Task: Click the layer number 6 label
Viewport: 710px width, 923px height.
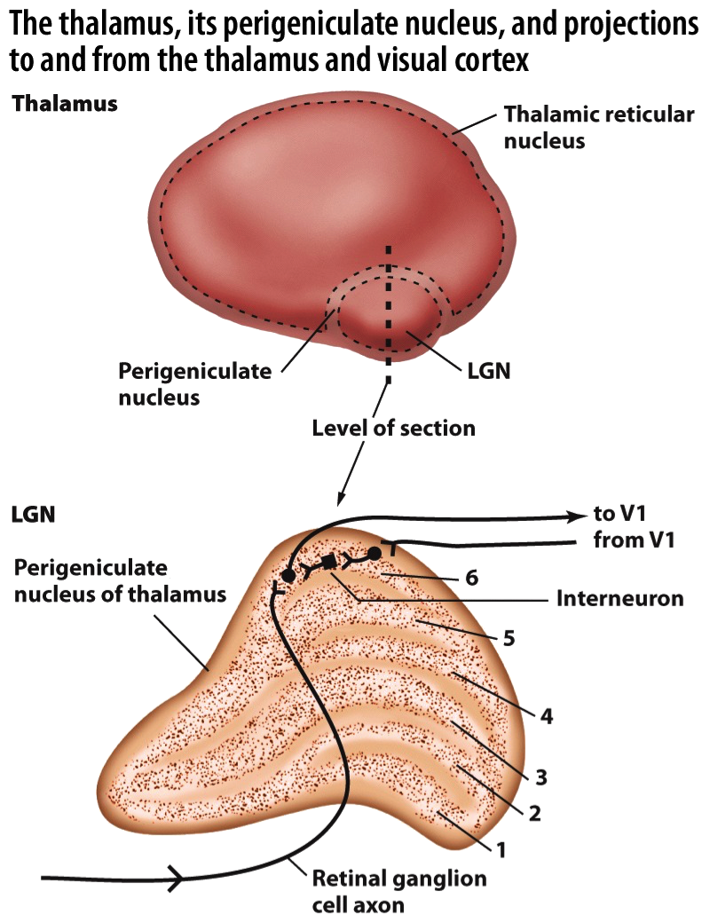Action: point(471,578)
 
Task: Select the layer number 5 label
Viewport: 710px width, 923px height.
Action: point(509,637)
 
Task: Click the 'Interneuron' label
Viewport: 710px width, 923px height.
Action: point(619,598)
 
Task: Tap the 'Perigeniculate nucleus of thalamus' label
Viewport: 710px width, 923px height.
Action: point(120,580)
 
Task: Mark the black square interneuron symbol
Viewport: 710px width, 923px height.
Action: point(329,562)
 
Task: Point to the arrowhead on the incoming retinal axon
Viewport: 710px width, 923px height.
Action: point(177,879)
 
